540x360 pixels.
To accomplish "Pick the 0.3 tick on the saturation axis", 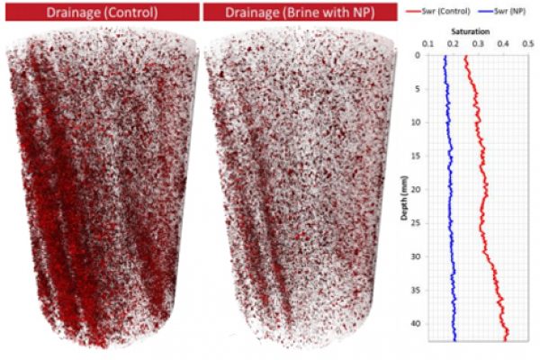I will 478,43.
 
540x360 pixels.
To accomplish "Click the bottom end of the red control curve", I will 507,339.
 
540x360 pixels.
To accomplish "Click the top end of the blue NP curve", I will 444,56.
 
